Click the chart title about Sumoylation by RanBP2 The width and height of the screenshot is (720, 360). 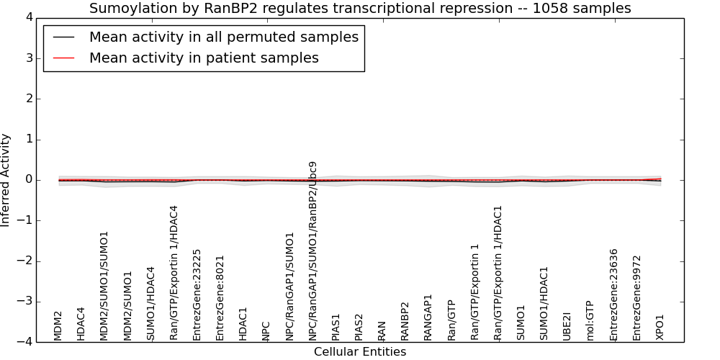click(360, 8)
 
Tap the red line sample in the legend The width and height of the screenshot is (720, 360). click(64, 58)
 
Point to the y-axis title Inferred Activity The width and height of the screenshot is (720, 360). click(5, 180)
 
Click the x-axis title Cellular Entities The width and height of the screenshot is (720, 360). click(360, 352)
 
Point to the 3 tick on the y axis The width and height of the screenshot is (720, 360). click(30, 58)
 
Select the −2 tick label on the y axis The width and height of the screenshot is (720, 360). click(26, 261)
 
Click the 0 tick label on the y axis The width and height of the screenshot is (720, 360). click(30, 180)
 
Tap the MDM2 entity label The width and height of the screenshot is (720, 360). click(58, 326)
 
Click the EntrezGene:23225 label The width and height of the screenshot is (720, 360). click(197, 294)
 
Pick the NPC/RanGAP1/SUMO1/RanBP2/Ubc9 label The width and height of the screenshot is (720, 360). click(312, 251)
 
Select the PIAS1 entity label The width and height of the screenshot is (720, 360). click(336, 328)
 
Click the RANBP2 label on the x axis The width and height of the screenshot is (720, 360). click(405, 321)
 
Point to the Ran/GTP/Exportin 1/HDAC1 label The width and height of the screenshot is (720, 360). click(498, 273)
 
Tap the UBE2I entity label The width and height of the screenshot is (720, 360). click(567, 326)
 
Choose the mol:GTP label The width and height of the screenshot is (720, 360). click(590, 321)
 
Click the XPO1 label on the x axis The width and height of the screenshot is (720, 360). click(660, 327)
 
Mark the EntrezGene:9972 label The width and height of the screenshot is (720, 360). click(636, 299)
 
